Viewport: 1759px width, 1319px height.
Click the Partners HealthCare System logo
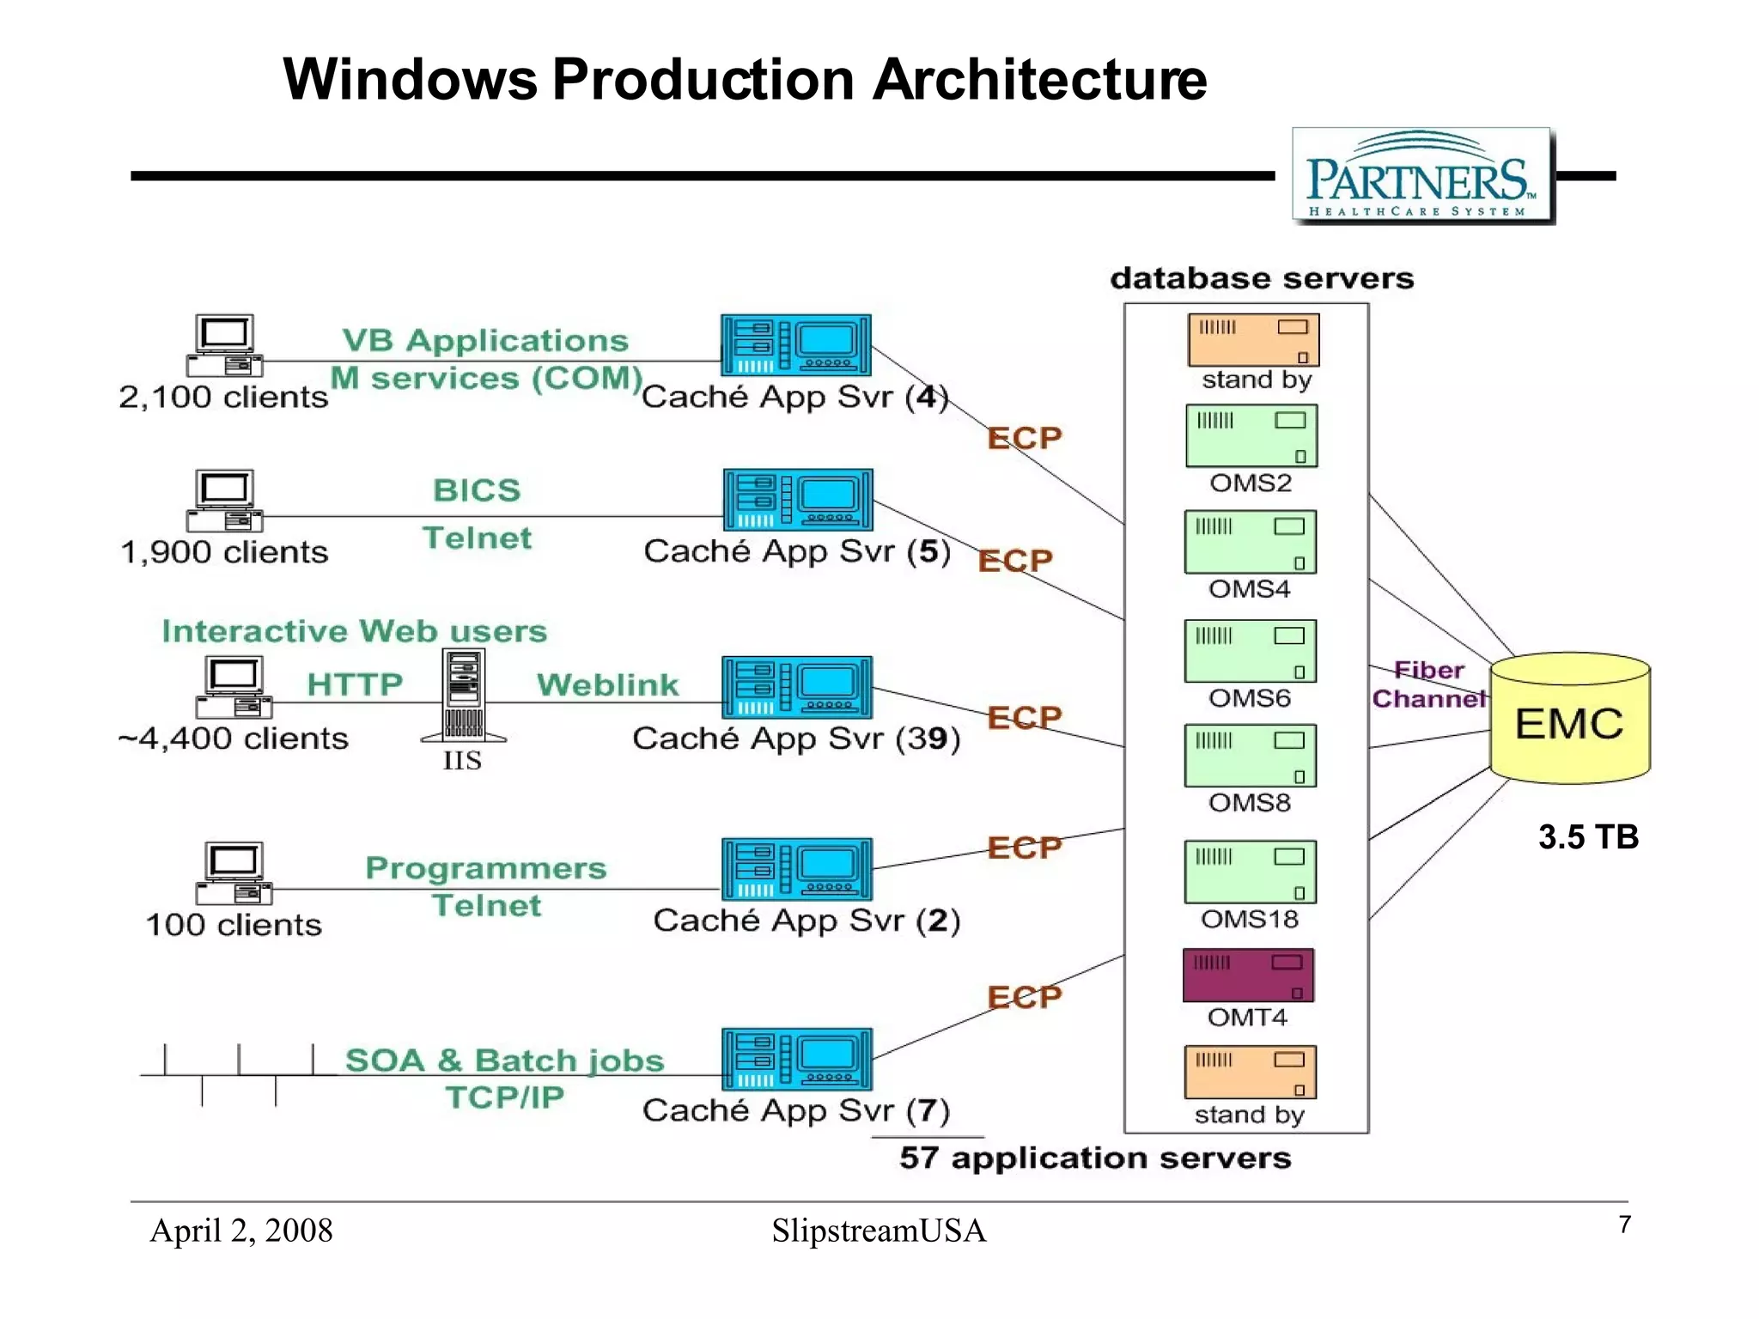pos(1422,176)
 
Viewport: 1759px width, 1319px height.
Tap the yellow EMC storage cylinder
pos(1569,720)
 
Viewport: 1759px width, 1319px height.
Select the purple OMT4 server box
pos(1248,975)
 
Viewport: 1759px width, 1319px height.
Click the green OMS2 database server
pos(1251,435)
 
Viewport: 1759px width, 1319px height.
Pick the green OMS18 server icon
pos(1250,871)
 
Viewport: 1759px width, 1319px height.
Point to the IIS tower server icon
pos(464,696)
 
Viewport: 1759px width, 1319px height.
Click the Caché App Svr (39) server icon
pos(796,687)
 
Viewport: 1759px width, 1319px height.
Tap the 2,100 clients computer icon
pos(224,345)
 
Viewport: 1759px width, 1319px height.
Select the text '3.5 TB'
pos(1588,836)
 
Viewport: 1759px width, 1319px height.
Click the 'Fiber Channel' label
pos(1428,684)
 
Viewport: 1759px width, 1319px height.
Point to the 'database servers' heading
pos(1261,278)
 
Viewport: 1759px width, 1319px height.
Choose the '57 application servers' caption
pos(1095,1158)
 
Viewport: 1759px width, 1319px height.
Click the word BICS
pos(477,490)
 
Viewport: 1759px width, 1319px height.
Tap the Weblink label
pos(607,684)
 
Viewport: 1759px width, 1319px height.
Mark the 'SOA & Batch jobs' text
pos(504,1061)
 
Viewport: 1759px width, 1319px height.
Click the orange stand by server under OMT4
pos(1250,1072)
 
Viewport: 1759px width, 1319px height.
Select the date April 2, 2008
pos(241,1231)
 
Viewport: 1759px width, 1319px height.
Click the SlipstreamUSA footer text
pos(879,1231)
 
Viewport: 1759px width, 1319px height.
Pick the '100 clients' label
pos(234,925)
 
